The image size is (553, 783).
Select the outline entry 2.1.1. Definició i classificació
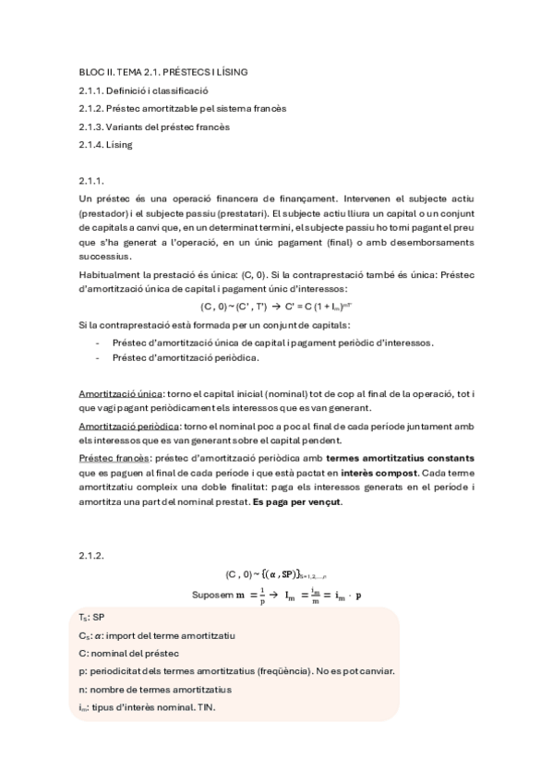(x=143, y=90)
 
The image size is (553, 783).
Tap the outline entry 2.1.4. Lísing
(x=105, y=145)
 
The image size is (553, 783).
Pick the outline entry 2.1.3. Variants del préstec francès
(x=153, y=126)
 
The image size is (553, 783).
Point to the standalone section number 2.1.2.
(x=91, y=556)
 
